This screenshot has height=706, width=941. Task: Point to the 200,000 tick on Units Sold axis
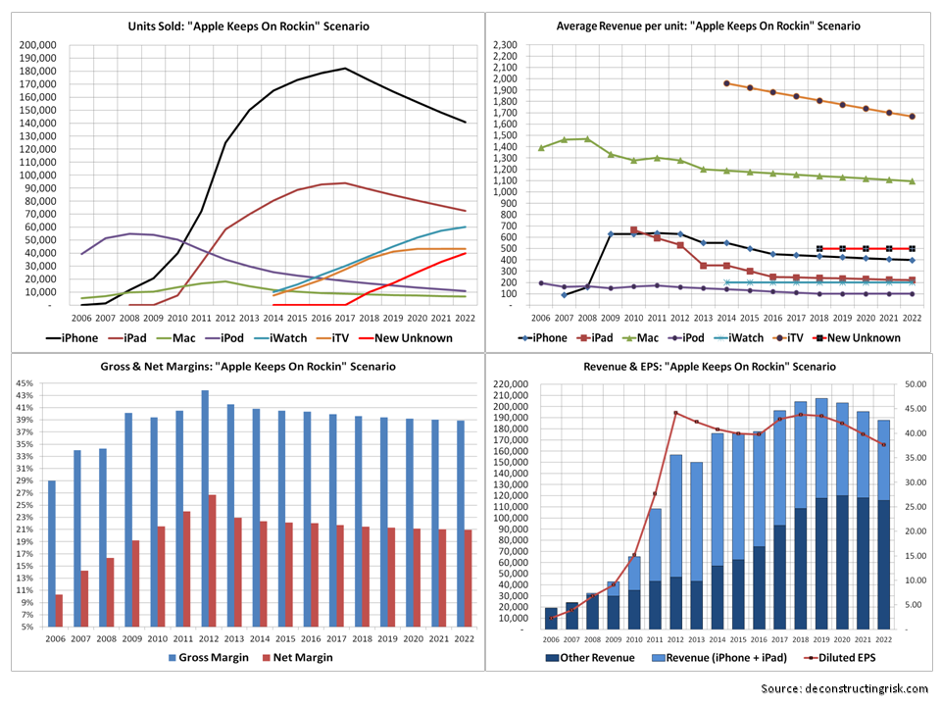[x=37, y=45]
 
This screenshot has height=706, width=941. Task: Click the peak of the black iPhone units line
[x=345, y=69]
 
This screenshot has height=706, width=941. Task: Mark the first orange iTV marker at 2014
[x=726, y=83]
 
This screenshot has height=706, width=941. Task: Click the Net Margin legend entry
[x=294, y=658]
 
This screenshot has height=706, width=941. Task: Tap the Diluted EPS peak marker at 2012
[x=675, y=413]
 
